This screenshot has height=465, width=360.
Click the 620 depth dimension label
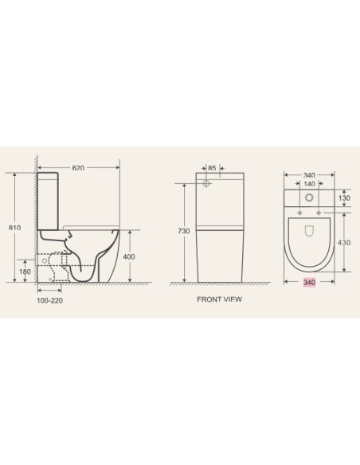click(78, 168)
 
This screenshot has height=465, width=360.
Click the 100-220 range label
click(49, 300)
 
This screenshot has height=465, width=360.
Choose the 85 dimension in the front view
click(213, 168)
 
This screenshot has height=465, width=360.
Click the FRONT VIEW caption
click(219, 300)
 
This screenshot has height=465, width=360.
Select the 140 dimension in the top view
click(308, 183)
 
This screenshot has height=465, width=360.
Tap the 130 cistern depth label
click(345, 197)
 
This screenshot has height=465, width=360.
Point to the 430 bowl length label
click(345, 242)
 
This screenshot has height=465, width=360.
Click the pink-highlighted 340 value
click(310, 283)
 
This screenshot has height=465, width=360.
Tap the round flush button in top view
click(309, 197)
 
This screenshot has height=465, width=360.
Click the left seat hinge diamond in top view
click(299, 214)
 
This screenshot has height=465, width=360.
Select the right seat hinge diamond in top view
click(319, 214)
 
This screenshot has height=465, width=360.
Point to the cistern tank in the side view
click(49, 199)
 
